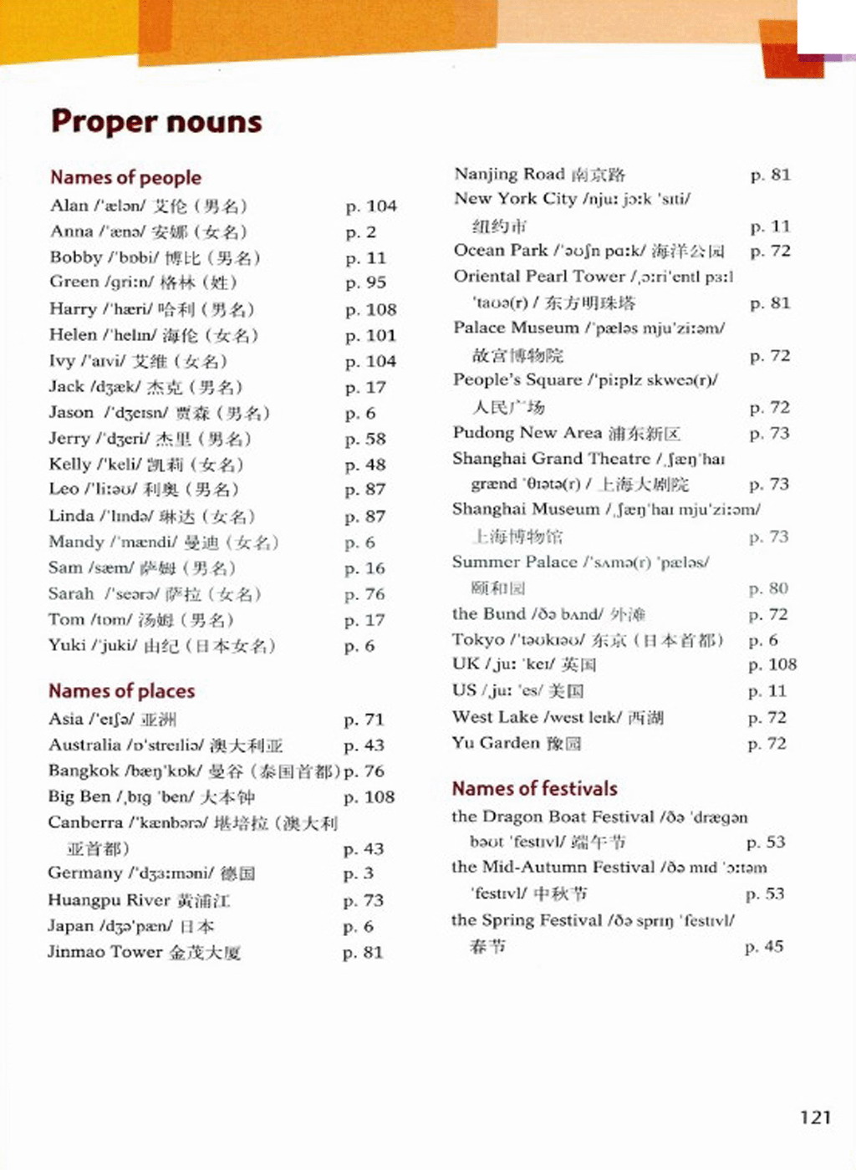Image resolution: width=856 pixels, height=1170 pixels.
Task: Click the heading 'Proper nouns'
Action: tap(156, 122)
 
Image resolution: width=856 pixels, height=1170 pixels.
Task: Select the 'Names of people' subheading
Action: tap(125, 177)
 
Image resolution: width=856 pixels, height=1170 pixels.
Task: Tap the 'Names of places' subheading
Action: tap(121, 691)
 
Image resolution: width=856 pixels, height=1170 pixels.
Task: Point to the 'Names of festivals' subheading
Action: tap(534, 788)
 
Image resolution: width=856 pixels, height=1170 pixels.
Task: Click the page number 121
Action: tap(815, 1117)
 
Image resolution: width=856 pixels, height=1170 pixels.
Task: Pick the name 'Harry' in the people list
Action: tap(73, 309)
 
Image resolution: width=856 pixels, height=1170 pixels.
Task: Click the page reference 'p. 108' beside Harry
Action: tap(371, 309)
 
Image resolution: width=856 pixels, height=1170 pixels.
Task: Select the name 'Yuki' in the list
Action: tap(67, 645)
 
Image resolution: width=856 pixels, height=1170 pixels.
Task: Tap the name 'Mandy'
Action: tap(76, 542)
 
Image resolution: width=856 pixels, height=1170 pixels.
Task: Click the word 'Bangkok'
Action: tap(84, 771)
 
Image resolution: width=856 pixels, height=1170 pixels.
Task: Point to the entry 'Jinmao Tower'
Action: tap(104, 952)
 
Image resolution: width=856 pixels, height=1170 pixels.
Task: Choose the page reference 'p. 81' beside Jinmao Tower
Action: tap(363, 952)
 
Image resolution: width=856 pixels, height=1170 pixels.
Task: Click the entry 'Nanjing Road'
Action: tap(509, 174)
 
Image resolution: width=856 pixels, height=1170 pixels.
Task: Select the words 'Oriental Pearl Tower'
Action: tap(539, 276)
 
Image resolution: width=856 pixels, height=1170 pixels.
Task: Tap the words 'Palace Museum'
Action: tap(516, 328)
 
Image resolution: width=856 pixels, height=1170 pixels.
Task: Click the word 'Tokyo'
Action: tap(478, 639)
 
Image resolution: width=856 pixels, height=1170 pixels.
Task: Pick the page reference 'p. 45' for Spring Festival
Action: tap(764, 946)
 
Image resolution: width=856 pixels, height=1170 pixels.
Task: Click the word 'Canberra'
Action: tap(85, 822)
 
